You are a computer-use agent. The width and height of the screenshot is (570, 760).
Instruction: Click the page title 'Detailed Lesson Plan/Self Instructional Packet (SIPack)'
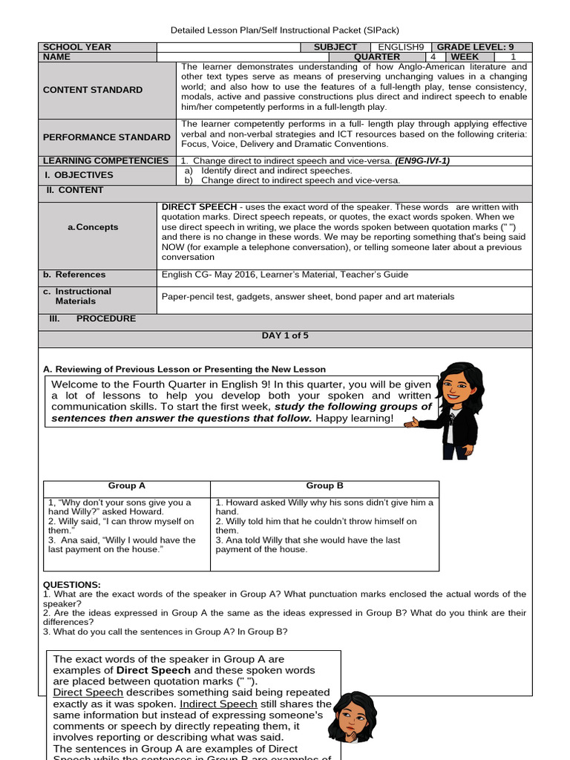click(x=285, y=30)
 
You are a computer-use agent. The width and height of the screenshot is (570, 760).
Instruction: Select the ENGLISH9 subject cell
click(x=400, y=47)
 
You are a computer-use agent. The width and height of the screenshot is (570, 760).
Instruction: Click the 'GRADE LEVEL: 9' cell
click(x=483, y=47)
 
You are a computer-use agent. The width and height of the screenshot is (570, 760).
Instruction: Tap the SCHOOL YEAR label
click(x=77, y=47)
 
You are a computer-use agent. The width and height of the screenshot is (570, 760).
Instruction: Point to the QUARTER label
click(x=377, y=56)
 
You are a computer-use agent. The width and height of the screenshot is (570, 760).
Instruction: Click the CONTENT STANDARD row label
click(x=93, y=90)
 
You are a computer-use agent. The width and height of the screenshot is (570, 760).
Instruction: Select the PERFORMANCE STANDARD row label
click(x=106, y=137)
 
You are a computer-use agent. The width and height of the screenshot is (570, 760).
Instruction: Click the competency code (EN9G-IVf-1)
click(x=422, y=161)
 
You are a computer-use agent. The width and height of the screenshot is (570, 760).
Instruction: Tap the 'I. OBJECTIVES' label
click(x=78, y=175)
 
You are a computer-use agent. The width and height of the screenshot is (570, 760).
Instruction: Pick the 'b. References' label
click(x=74, y=275)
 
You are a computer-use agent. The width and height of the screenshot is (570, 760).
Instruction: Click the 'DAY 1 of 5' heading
click(x=285, y=335)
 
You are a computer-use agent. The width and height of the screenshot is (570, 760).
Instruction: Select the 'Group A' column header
click(x=127, y=486)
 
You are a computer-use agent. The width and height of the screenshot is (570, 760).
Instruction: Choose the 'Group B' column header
click(x=324, y=486)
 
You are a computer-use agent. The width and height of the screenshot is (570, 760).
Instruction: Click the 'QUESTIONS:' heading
click(x=72, y=585)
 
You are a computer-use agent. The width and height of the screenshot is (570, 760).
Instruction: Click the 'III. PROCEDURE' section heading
click(x=92, y=318)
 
